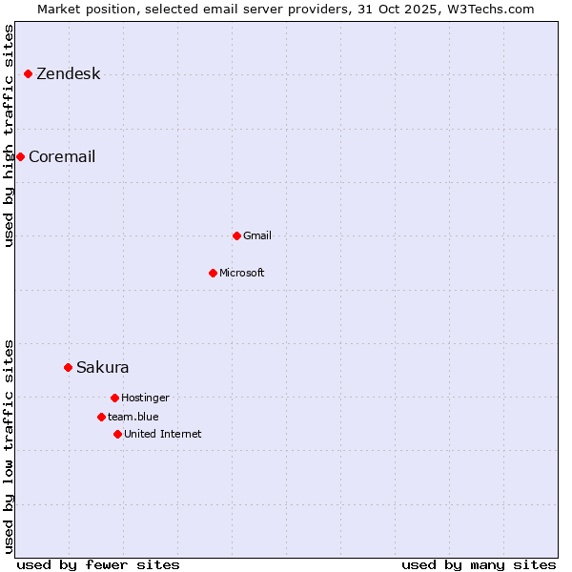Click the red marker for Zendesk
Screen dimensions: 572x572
coord(28,73)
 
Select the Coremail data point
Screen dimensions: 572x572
coord(20,156)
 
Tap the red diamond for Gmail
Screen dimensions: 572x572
coord(236,235)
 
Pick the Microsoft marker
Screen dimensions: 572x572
coord(213,273)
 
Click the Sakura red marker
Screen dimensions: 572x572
coord(68,367)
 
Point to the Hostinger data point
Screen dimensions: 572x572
coord(114,398)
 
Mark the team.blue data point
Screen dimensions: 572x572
coord(101,417)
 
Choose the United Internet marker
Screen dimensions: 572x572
coord(117,434)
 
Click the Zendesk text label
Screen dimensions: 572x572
coord(68,74)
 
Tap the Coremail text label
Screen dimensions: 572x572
coord(62,157)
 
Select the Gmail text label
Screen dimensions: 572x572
coord(257,236)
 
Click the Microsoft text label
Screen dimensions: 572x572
coord(242,274)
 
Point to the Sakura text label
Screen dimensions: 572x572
coord(103,368)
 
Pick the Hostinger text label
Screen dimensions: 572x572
coord(145,398)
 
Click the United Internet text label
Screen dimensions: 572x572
coord(163,435)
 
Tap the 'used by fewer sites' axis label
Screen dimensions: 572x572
coord(98,564)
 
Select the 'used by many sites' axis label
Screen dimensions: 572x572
coord(479,564)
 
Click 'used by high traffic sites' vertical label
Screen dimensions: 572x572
coord(9,135)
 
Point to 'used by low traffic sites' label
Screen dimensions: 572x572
coord(9,445)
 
